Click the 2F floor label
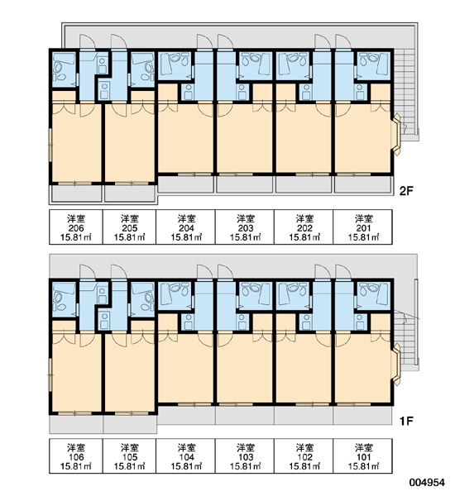click(406, 192)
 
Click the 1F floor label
click(406, 421)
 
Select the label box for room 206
click(76, 227)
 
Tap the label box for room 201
click(363, 227)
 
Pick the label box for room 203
click(245, 227)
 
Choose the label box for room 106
click(76, 455)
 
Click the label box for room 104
click(186, 455)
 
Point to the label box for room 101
click(363, 455)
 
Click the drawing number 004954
click(427, 483)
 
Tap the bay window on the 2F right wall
click(397, 135)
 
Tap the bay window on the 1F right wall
click(397, 365)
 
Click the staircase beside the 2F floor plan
click(406, 95)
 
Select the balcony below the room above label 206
click(76, 193)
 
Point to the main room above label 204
click(185, 139)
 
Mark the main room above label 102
click(304, 369)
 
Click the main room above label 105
click(130, 374)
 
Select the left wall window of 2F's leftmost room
click(50, 145)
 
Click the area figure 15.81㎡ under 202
click(304, 237)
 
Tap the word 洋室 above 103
click(246, 447)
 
